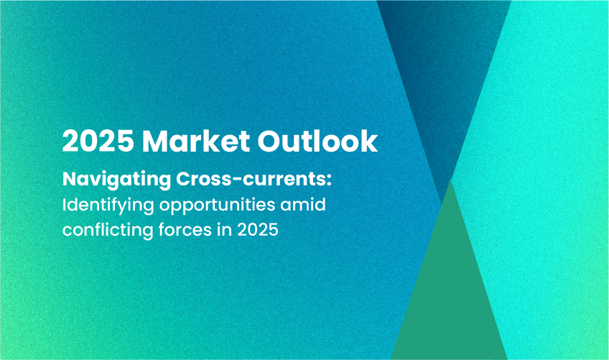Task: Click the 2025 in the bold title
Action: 98,141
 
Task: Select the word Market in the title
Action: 196,141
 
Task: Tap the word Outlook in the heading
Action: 317,141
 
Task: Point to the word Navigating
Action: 116,180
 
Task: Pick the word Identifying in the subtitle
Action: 108,206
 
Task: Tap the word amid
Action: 303,205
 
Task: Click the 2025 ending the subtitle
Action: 258,230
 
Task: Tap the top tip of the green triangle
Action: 450,180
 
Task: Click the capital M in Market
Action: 156,141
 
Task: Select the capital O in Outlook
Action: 270,141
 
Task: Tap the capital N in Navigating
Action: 70,179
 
